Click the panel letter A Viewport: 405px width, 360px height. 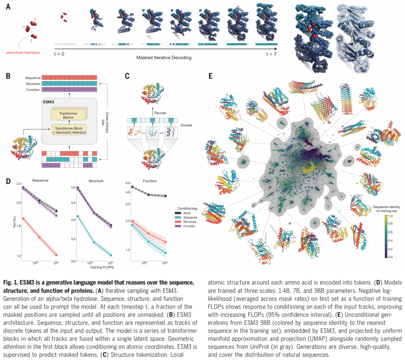click(8, 6)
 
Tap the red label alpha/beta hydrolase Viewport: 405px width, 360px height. click(23, 53)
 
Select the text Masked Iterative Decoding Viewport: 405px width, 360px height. click(164, 58)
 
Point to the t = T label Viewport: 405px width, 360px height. click(271, 54)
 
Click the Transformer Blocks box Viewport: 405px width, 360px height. click(68, 115)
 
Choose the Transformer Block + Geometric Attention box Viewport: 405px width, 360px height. click(69, 130)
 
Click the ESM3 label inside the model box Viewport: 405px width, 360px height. click(48, 102)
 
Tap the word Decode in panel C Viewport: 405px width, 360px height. click(160, 113)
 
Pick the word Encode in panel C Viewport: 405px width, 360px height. click(186, 125)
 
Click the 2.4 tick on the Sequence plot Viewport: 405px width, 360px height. click(19, 184)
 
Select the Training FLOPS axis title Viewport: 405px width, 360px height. click(102, 267)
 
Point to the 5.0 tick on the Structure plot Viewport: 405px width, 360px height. click(73, 187)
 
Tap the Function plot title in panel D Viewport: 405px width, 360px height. click(150, 181)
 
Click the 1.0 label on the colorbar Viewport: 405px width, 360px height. click(390, 216)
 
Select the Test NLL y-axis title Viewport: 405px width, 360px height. click(15, 221)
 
